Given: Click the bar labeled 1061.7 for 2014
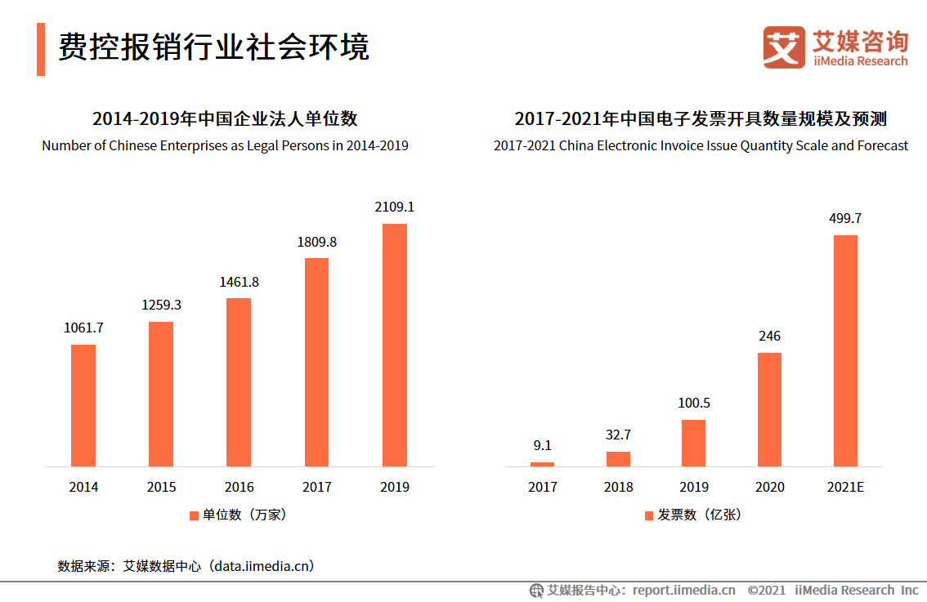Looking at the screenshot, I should pos(83,405).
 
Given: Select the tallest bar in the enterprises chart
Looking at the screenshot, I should pos(395,345).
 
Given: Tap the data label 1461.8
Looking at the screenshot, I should pos(239,282).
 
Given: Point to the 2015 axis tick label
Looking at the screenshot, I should pos(161,487).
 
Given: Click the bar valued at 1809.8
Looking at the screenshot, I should pos(316,362).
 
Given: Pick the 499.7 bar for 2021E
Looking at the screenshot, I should pos(845,350).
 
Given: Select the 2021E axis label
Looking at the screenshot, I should pos(845,487).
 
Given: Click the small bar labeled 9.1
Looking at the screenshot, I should pos(542,464).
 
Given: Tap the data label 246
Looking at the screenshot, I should pos(769,336).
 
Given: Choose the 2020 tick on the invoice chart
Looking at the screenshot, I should pos(769,487).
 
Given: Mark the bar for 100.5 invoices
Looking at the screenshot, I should pos(693,443).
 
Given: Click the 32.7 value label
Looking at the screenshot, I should pos(618,435).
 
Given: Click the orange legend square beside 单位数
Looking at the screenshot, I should pos(194,515).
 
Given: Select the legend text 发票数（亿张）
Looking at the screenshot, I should pos(699,515).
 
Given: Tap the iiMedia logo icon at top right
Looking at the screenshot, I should pos(784,47).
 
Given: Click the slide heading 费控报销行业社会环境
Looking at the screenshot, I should pos(213,47).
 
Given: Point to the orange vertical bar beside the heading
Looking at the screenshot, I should pos(41,49).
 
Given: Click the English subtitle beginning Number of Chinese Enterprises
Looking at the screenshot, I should pos(225,145).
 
